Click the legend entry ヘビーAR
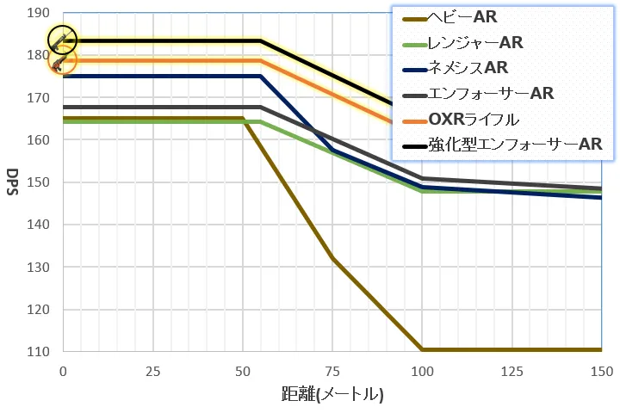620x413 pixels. tap(449, 17)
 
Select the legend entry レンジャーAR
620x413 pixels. tap(462, 43)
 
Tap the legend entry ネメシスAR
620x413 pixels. tap(456, 68)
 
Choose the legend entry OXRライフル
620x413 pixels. tap(461, 120)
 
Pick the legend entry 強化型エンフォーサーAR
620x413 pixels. tap(502, 145)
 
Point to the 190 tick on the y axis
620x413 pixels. tap(39, 13)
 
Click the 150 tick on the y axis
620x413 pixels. tap(39, 182)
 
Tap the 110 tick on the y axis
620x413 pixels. tap(39, 351)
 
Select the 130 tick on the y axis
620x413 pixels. tap(39, 267)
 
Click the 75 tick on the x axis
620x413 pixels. tap(332, 372)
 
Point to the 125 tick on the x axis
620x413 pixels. tap(512, 372)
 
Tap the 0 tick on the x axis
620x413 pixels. tap(63, 372)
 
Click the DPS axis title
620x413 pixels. tap(13, 182)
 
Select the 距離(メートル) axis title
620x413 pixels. tap(332, 394)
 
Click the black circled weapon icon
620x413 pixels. tap(62, 40)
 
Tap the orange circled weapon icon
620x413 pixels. tap(62, 60)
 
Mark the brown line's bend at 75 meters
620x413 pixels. tap(332, 258)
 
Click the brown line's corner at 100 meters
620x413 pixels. tap(422, 349)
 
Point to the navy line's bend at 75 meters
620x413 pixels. tap(332, 151)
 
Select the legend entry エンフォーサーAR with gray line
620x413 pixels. tap(478, 94)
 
